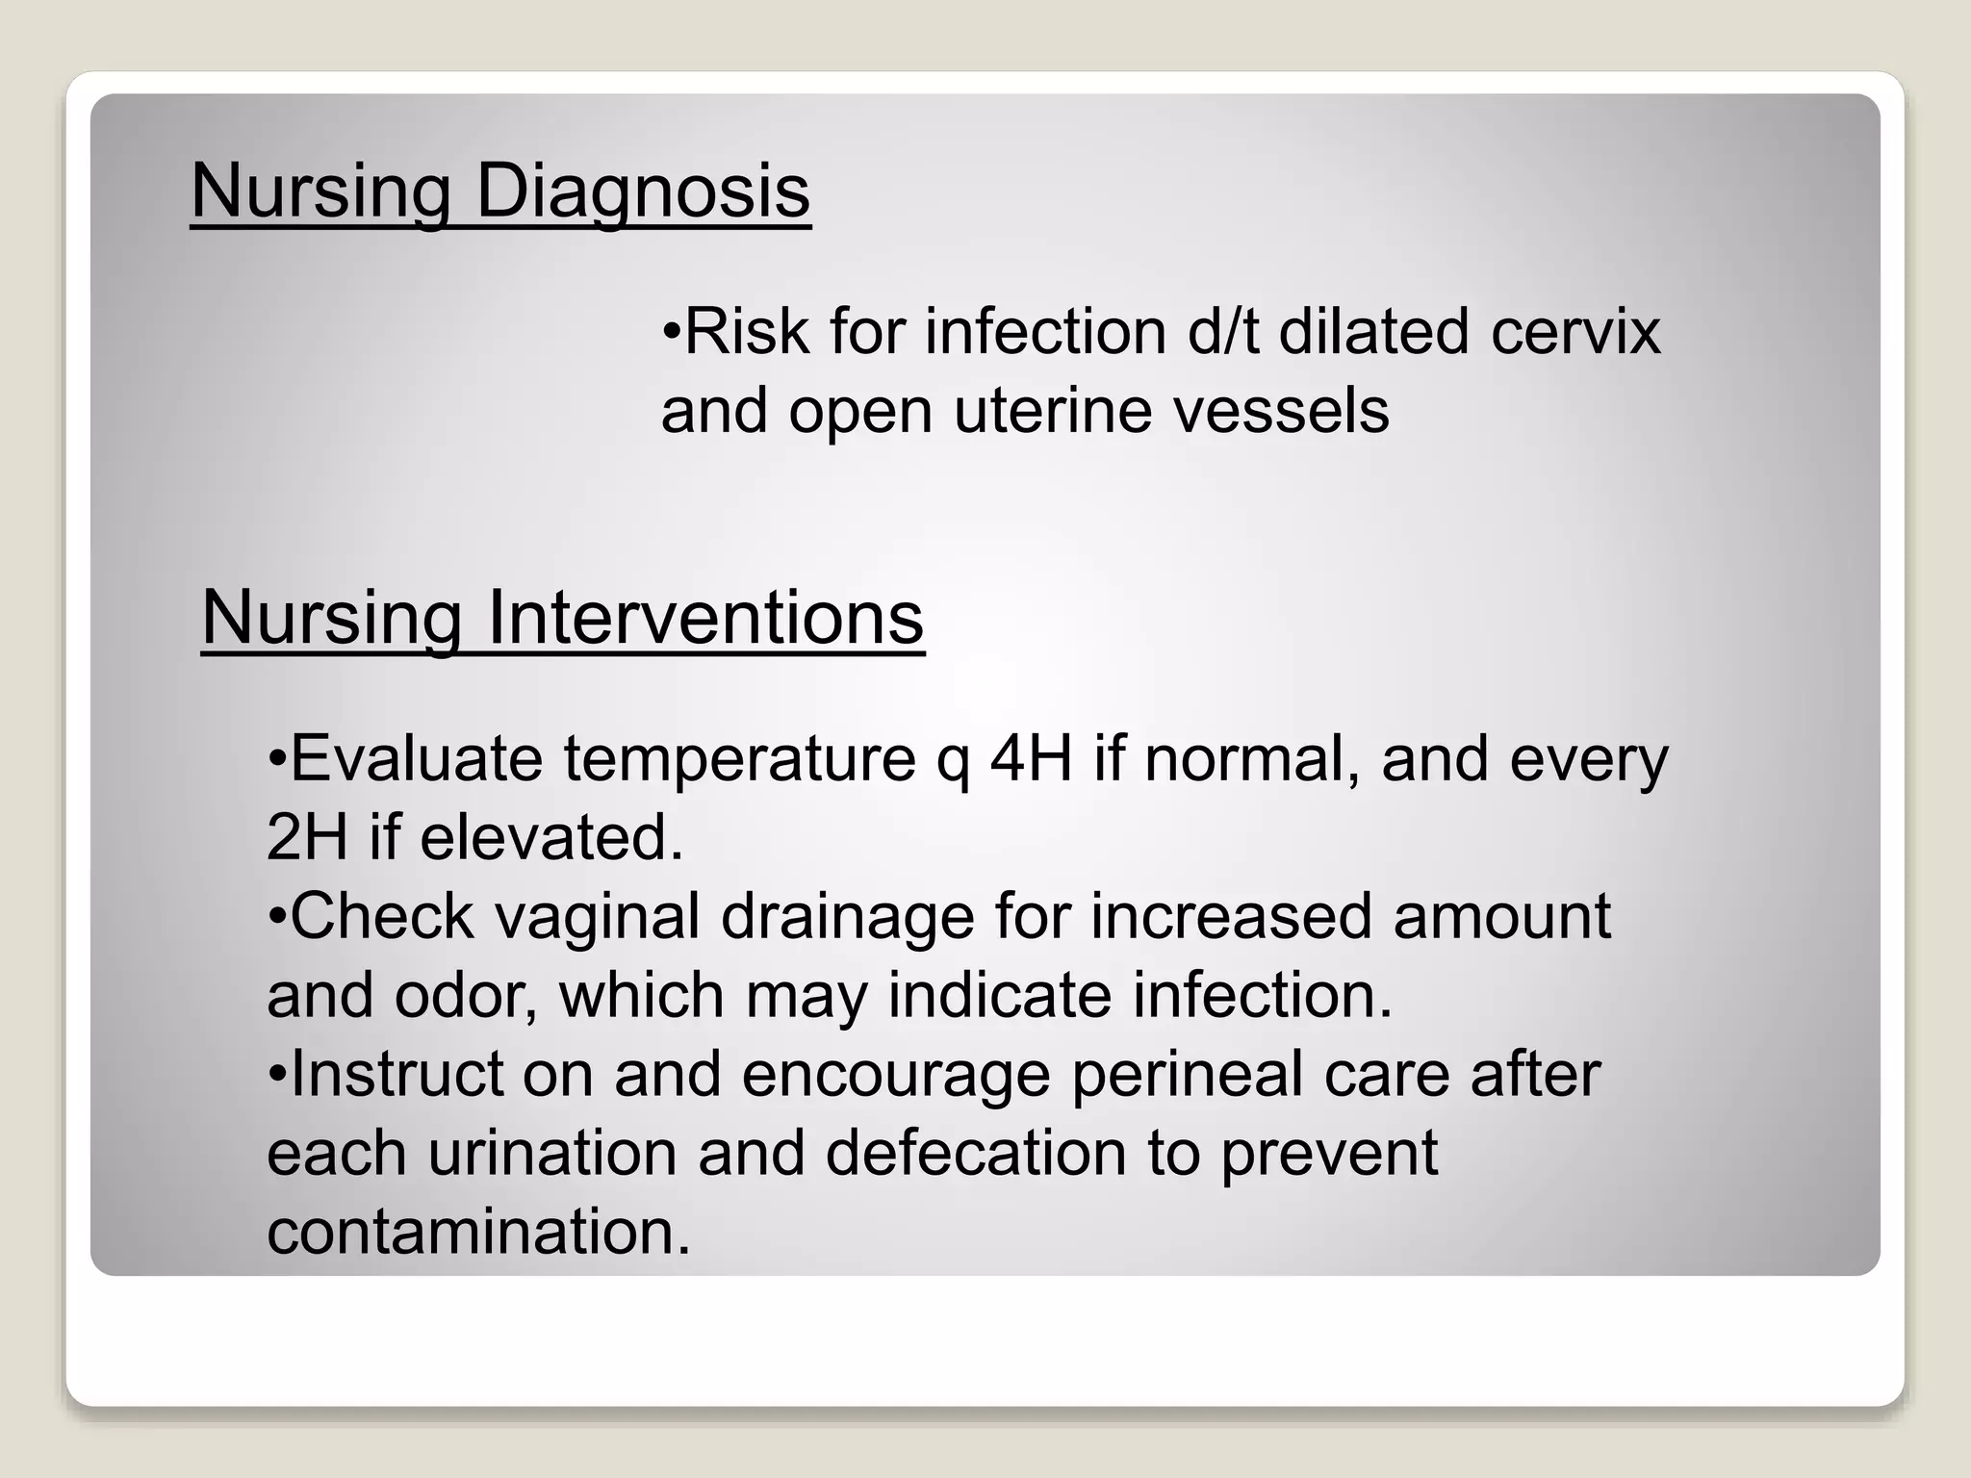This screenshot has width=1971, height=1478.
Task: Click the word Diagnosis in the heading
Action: [643, 192]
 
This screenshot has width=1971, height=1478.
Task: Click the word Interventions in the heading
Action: [705, 618]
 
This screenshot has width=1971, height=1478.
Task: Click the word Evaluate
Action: [417, 759]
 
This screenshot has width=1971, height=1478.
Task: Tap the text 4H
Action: [1031, 759]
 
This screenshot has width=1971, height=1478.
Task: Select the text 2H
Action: [307, 837]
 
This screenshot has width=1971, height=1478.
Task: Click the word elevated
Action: [550, 837]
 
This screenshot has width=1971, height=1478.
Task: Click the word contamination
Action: [478, 1232]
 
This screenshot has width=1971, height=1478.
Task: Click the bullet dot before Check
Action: [277, 917]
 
